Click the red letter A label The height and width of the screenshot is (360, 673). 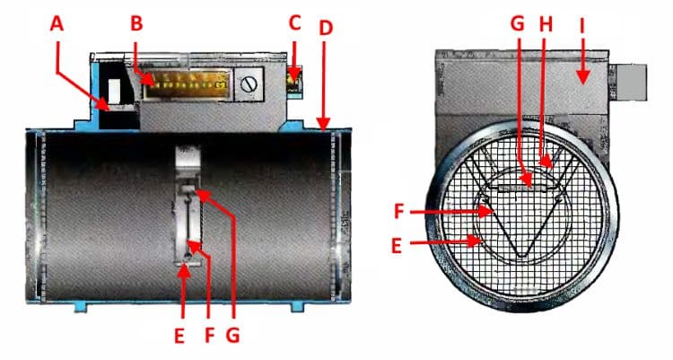57,23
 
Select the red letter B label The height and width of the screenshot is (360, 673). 136,23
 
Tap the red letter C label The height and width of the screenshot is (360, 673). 294,23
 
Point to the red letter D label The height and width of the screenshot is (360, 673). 326,28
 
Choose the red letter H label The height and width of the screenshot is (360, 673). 546,24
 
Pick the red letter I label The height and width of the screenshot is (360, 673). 582,26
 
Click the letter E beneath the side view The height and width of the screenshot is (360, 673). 179,336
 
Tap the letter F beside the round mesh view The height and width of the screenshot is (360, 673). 399,211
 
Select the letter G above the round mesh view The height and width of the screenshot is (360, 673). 518,23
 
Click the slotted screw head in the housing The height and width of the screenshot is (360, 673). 249,83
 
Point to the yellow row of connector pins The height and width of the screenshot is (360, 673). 188,84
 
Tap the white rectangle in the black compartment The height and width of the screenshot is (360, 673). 115,90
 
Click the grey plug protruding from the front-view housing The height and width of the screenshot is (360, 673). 631,83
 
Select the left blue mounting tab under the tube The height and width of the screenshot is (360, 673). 81,307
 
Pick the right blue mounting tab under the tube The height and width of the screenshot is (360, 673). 298,307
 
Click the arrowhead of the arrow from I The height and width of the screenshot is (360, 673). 582,78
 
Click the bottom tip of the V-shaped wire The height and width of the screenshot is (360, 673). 521,257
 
